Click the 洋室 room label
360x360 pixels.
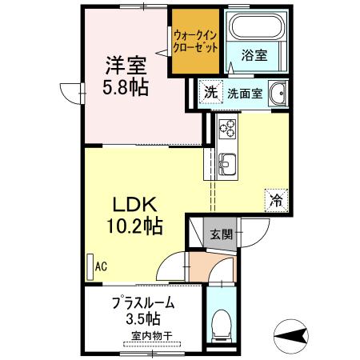[x=126, y=66]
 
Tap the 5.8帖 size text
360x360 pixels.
[x=126, y=86]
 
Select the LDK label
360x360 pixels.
[x=134, y=205]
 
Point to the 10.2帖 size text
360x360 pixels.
[x=134, y=226]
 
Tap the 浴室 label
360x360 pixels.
[x=254, y=55]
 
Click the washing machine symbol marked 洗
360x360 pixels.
[x=211, y=92]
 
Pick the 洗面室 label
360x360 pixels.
[x=245, y=93]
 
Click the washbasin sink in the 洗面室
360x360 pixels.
[x=278, y=93]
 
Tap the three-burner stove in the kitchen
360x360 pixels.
[x=227, y=128]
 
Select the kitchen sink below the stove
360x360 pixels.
[x=227, y=164]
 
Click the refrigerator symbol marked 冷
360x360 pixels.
[x=276, y=200]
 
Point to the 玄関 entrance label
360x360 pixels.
[x=221, y=234]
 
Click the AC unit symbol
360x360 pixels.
[x=90, y=267]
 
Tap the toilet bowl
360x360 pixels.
[x=221, y=325]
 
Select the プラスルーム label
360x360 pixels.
[x=143, y=303]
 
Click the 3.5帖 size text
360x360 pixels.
[x=143, y=318]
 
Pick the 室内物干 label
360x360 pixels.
[x=152, y=335]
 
